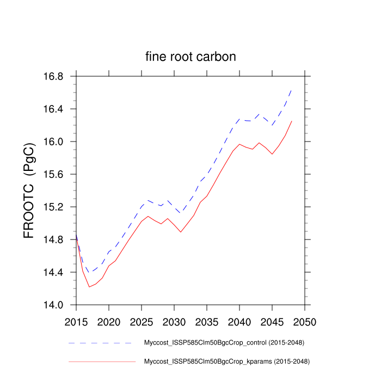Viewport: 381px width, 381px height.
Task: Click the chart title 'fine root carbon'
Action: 190,57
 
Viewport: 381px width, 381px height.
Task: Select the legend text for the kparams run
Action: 226,361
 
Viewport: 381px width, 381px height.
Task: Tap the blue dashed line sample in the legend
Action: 101,343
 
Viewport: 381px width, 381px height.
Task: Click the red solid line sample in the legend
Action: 101,361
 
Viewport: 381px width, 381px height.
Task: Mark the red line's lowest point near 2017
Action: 89,287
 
